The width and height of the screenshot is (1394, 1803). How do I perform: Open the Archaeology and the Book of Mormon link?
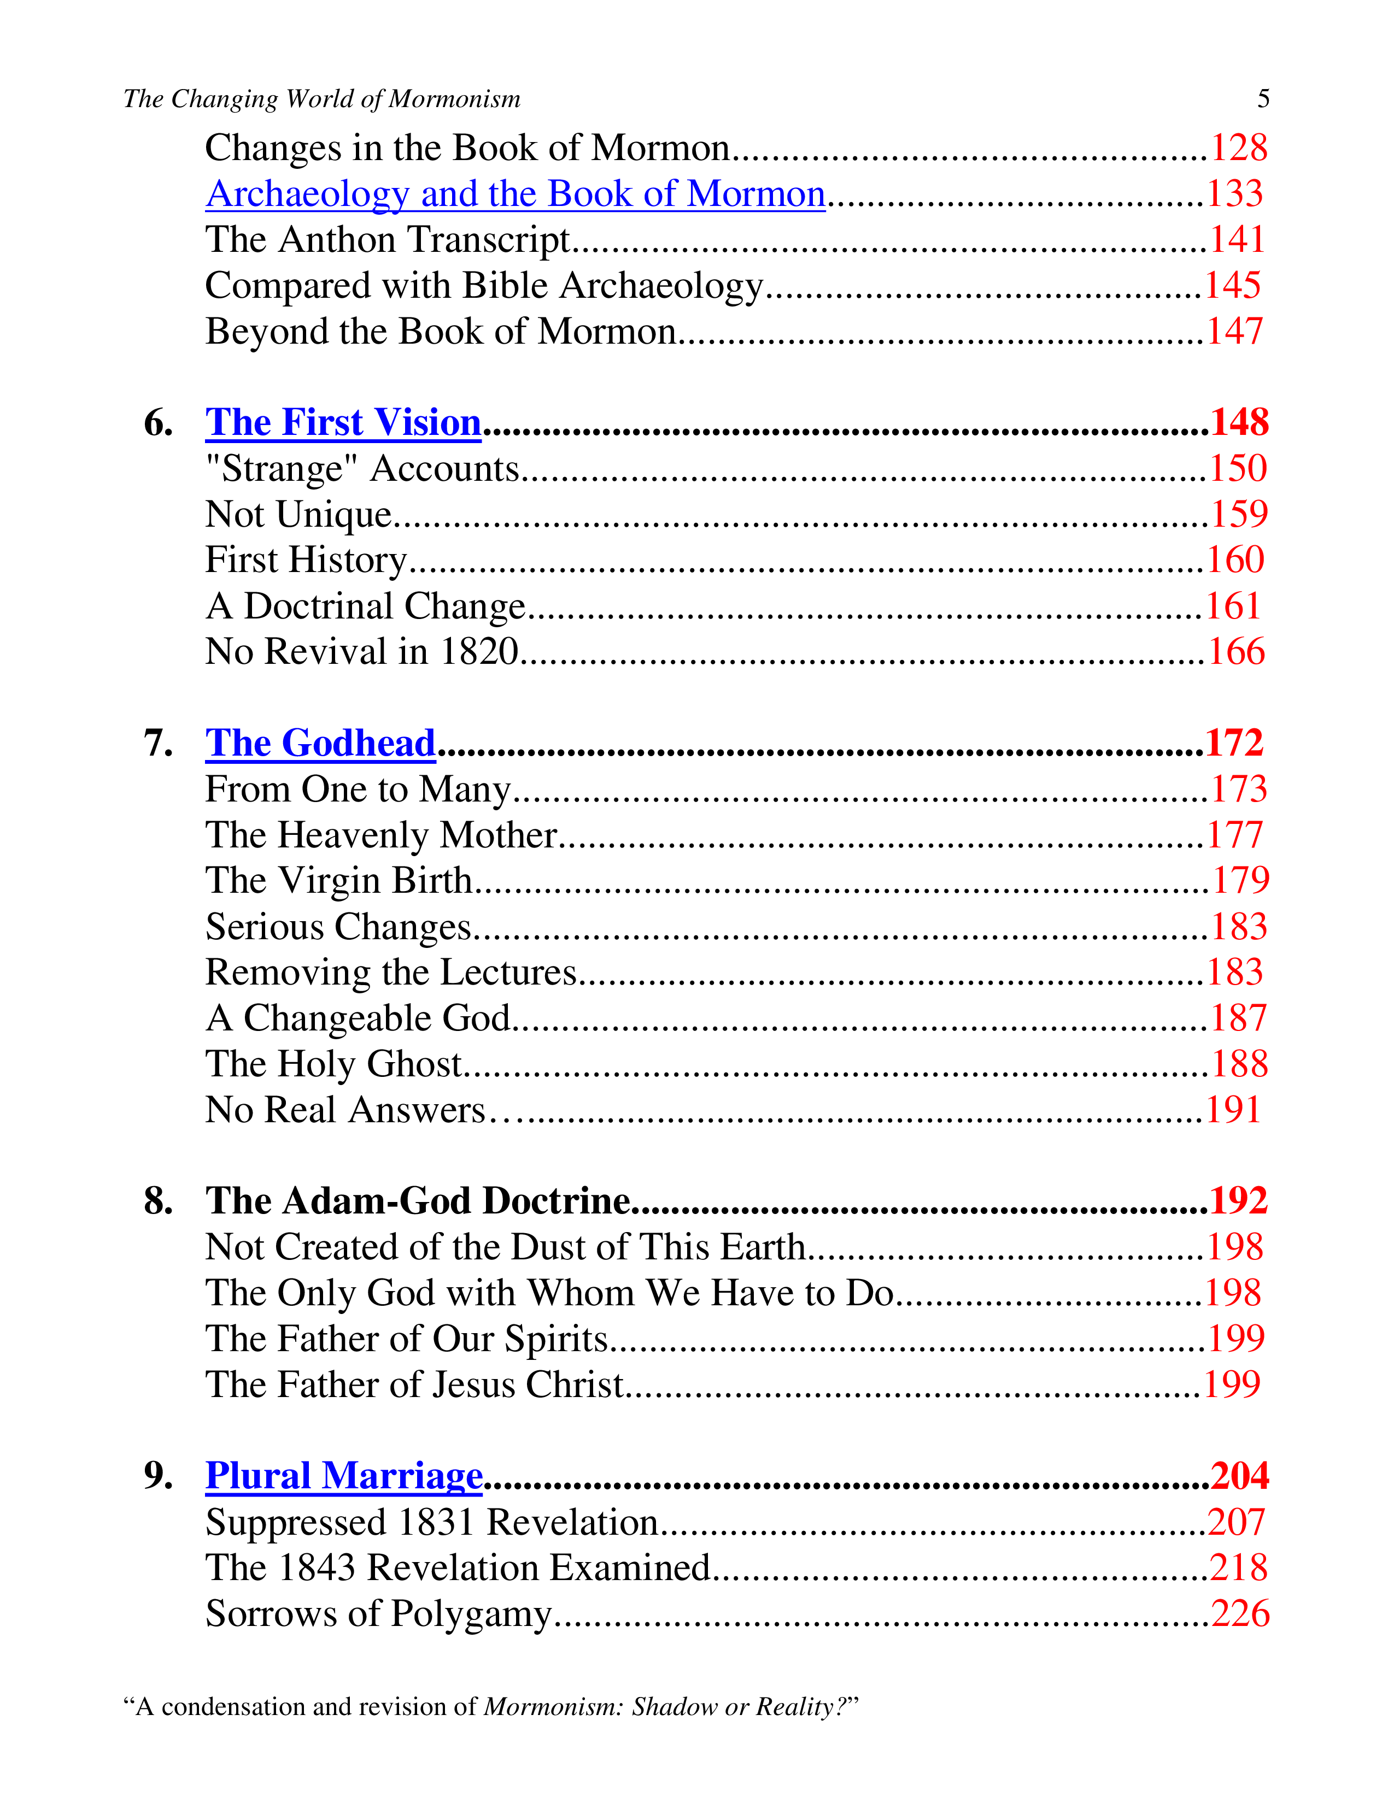tap(516, 194)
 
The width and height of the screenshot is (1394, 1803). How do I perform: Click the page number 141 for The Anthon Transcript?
tap(1236, 239)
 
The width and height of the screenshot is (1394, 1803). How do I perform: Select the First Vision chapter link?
tap(343, 423)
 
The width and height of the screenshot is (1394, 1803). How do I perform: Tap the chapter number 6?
tap(158, 423)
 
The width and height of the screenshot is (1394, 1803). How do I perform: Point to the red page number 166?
tap(1236, 651)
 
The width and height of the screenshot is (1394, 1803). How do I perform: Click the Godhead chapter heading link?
tap(320, 743)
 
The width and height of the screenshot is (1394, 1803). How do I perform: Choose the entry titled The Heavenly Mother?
tap(380, 835)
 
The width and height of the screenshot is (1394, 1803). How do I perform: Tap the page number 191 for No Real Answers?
tap(1233, 1110)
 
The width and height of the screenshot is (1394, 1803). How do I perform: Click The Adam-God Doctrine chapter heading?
tap(418, 1201)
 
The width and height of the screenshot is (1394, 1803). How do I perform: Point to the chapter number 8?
tap(158, 1201)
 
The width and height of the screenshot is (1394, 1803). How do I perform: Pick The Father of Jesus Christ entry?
tap(414, 1384)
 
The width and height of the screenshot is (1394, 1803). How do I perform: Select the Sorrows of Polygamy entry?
tap(378, 1613)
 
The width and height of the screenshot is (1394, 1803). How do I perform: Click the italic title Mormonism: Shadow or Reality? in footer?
tap(666, 1706)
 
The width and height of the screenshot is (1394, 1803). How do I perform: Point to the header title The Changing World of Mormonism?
tap(322, 99)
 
